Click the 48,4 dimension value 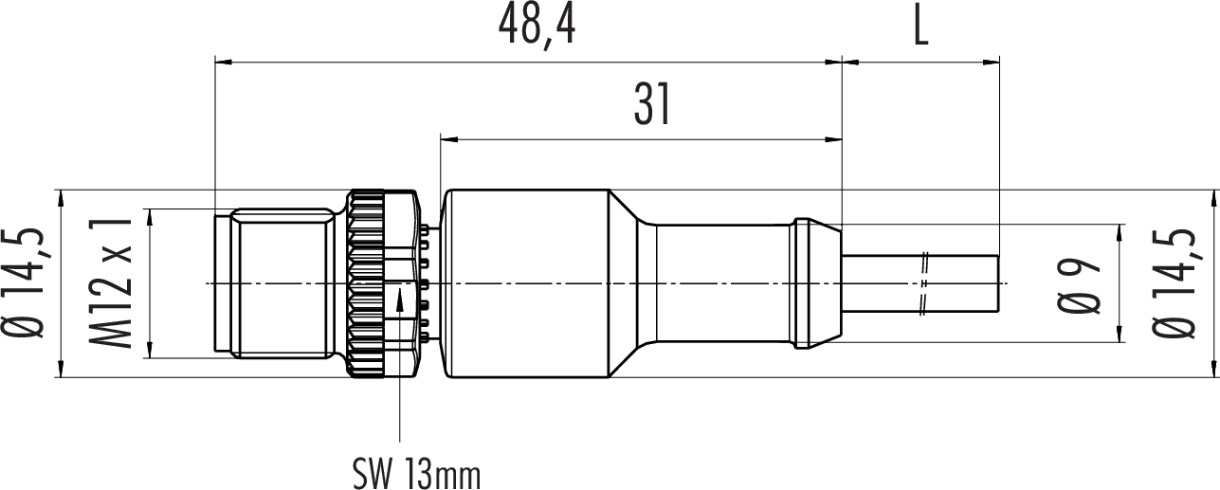pyautogui.click(x=537, y=27)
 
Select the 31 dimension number pyautogui.click(x=652, y=104)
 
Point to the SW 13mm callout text pyautogui.click(x=417, y=475)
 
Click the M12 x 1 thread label pyautogui.click(x=111, y=282)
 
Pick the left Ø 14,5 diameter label pyautogui.click(x=23, y=283)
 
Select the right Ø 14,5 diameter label pyautogui.click(x=1174, y=283)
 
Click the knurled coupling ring pyautogui.click(x=368, y=283)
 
